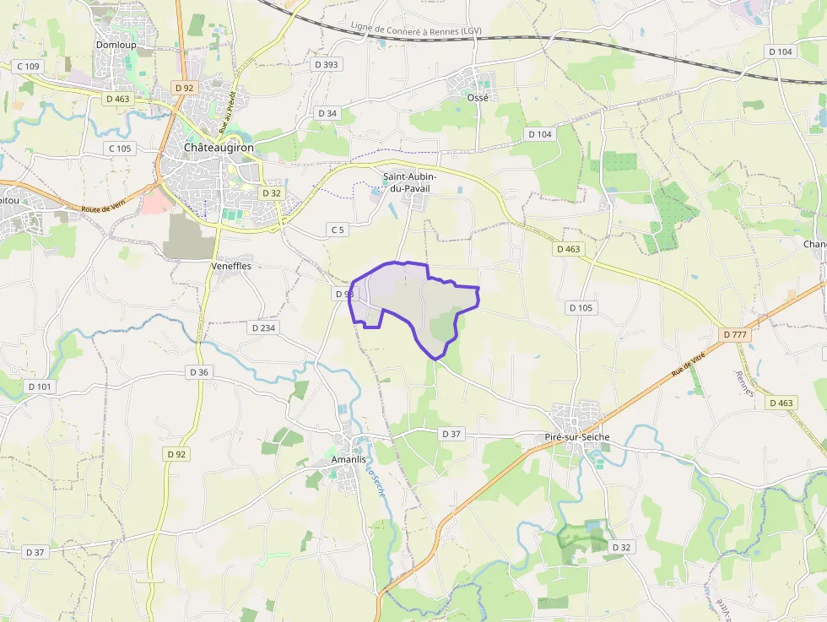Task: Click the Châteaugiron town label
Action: pos(219,147)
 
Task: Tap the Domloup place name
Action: pos(116,44)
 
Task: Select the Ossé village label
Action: pos(478,97)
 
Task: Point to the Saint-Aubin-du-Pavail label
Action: pos(409,181)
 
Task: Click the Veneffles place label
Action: pos(230,266)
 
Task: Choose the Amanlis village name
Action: pos(349,459)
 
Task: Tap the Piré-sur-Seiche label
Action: pos(577,437)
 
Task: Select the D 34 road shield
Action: pos(327,113)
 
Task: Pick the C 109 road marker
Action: pos(28,66)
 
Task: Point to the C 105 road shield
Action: pos(120,149)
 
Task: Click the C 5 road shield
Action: pos(338,230)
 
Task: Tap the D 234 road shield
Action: pos(264,327)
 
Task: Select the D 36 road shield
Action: pos(199,372)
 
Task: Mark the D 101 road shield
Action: pos(40,387)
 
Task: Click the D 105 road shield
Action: pos(581,307)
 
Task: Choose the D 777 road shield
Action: pos(736,334)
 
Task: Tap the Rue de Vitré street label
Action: pos(689,365)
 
